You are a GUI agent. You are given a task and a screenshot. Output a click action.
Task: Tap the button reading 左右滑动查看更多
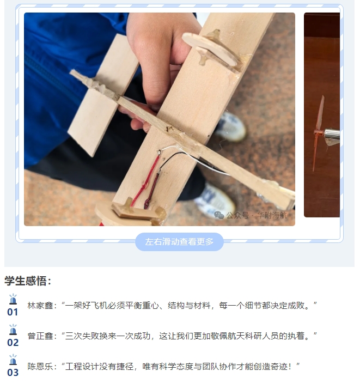pos(179,242)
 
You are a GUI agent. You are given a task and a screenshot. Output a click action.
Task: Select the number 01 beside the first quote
pos(13,312)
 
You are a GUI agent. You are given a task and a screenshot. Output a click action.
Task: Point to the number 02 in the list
pos(13,343)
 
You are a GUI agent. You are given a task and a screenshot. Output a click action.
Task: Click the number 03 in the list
pos(13,373)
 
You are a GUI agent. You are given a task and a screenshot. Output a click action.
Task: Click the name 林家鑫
pos(40,305)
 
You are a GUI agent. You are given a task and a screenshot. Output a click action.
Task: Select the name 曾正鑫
pos(40,336)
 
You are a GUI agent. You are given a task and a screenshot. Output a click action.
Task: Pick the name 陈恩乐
pos(40,367)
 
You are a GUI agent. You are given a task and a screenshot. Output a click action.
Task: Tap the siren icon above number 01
pos(13,299)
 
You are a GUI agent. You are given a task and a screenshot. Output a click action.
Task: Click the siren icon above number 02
pos(13,330)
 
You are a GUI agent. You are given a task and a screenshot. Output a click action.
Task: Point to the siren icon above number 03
pos(13,360)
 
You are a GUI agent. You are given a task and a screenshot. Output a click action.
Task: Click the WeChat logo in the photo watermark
pos(219,215)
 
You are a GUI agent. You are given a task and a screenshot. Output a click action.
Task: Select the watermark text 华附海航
pos(272,215)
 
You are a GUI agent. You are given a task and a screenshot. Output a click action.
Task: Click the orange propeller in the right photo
pos(319,133)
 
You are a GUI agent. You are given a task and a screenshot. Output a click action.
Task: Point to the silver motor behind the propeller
pos(332,135)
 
